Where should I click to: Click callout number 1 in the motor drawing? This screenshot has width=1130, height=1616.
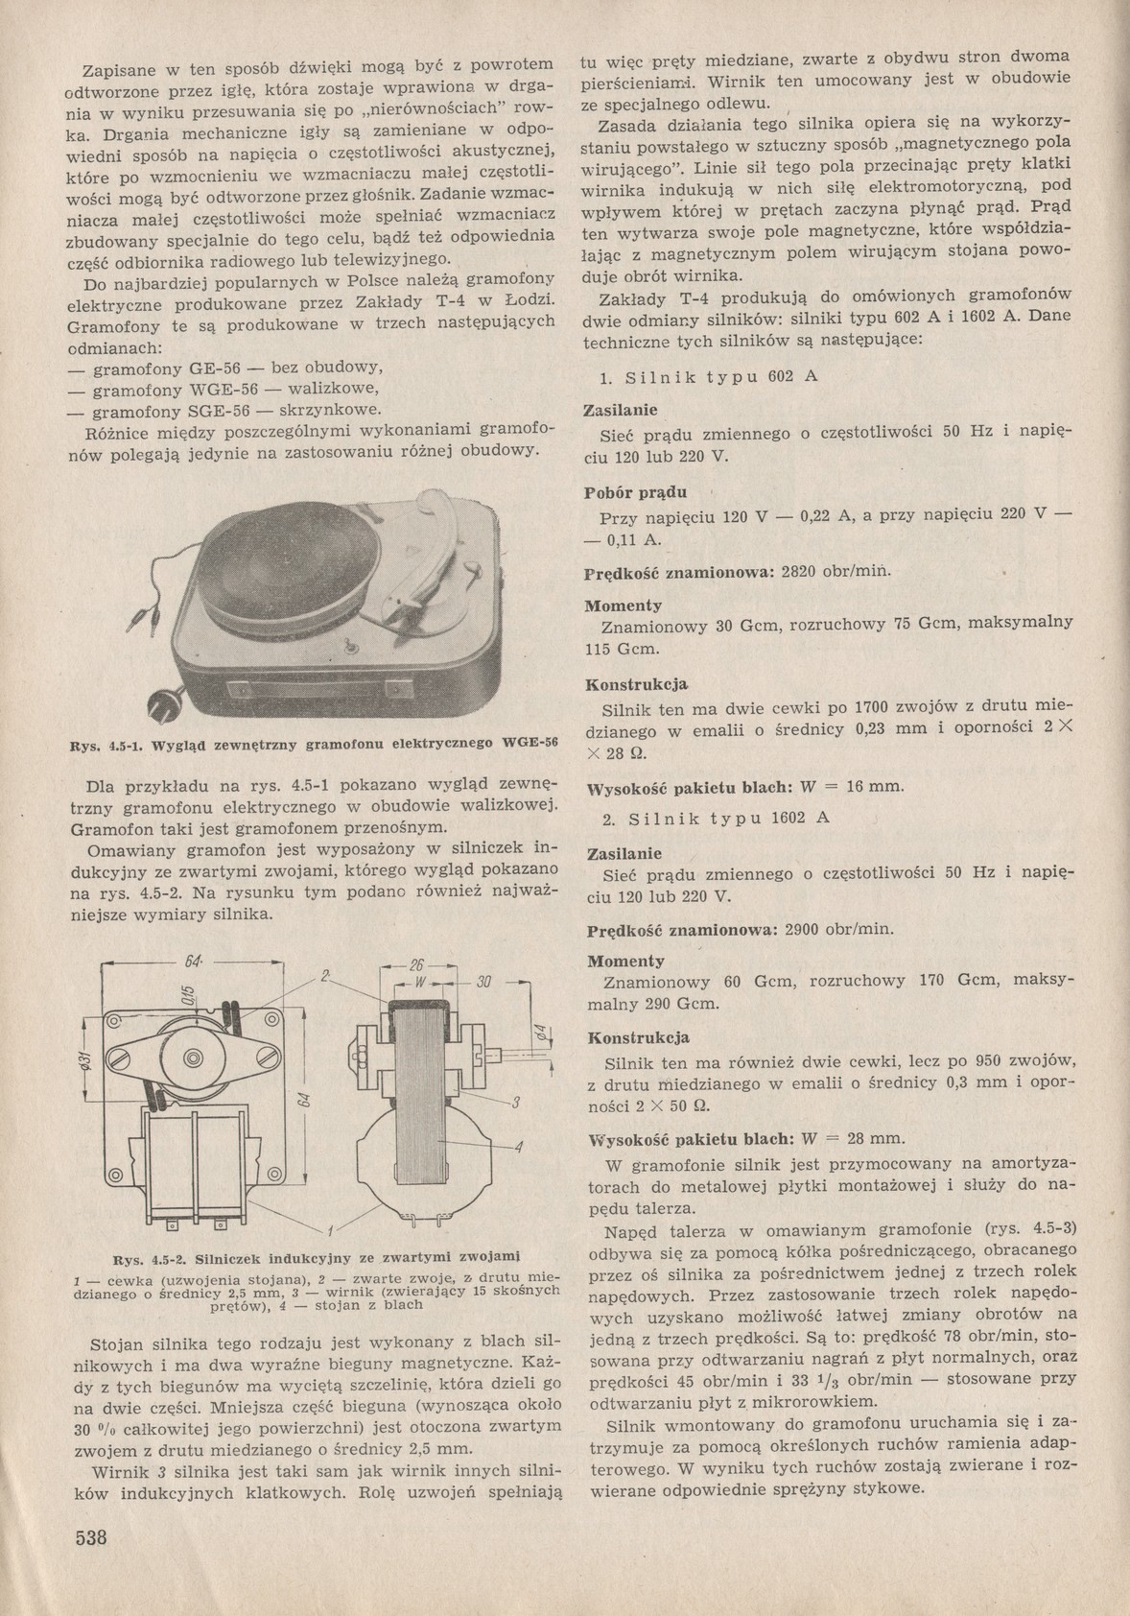tap(329, 1230)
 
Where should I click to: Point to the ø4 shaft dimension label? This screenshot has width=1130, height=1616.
tap(540, 1035)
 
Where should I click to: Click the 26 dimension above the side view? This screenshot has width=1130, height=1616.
tap(416, 965)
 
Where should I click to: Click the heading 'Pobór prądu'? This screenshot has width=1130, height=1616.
tap(635, 493)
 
